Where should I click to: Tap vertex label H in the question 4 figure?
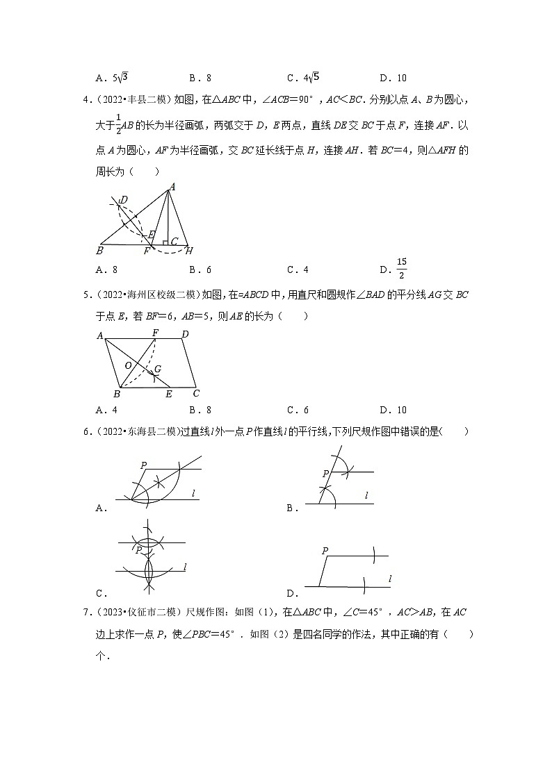point(189,250)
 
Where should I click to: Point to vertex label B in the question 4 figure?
point(100,251)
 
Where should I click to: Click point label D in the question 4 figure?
point(124,201)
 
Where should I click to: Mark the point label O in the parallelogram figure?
point(127,365)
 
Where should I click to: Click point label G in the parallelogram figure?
point(158,370)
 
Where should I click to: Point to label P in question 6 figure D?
point(325,550)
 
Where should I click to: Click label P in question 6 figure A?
point(143,465)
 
